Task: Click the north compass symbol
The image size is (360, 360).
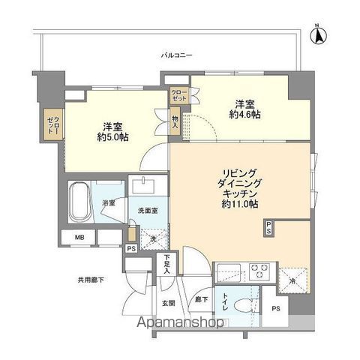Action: (317, 33)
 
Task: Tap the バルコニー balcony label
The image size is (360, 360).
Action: (177, 55)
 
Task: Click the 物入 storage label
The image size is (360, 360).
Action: (175, 122)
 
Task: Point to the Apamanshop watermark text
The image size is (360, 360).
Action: (179, 325)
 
